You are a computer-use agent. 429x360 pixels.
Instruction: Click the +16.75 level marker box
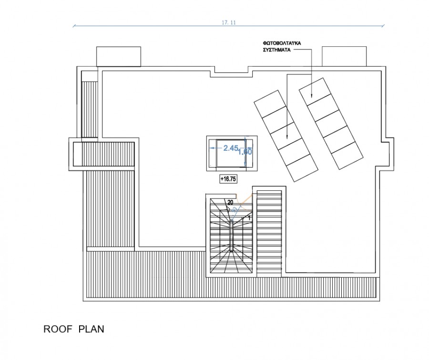click(228, 179)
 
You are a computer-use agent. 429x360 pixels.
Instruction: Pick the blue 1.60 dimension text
click(244, 151)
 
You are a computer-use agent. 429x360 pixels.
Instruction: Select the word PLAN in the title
click(92, 329)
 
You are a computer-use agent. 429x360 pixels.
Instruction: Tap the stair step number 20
click(230, 202)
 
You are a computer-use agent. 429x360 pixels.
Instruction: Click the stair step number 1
click(249, 217)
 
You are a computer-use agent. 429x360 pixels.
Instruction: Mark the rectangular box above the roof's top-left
click(119, 56)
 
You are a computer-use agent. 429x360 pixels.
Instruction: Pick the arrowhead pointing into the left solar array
click(287, 138)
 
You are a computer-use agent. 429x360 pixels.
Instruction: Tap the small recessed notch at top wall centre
click(231, 71)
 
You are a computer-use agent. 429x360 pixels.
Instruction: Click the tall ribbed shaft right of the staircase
click(270, 232)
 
